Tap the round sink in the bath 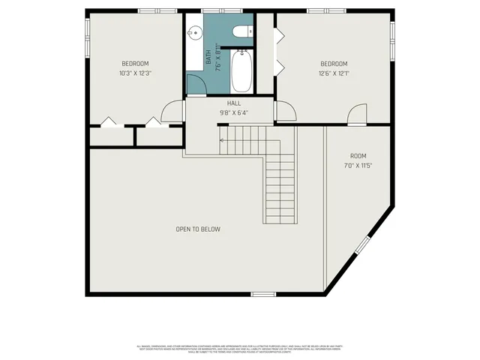pyautogui.click(x=194, y=32)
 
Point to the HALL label pyautogui.click(x=234, y=104)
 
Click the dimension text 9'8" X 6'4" pyautogui.click(x=234, y=113)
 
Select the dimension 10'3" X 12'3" pyautogui.click(x=136, y=73)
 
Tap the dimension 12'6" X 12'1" pyautogui.click(x=334, y=73)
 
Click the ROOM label pyautogui.click(x=358, y=155)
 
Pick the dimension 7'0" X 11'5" pyautogui.click(x=358, y=165)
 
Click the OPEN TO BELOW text pyautogui.click(x=198, y=229)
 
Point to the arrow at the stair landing pyautogui.click(x=223, y=139)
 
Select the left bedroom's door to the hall pyautogui.click(x=173, y=111)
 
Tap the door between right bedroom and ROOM pyautogui.click(x=357, y=114)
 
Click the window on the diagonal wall pyautogui.click(x=362, y=245)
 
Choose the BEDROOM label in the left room pyautogui.click(x=136, y=63)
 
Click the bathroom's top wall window pyautogui.click(x=222, y=10)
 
